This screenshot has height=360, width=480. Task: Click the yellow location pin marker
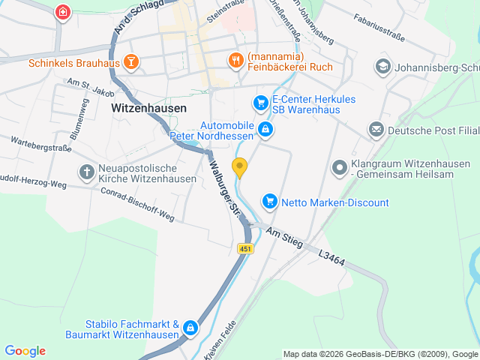[x=240, y=168]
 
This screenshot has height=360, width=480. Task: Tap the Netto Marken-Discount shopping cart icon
[x=269, y=201]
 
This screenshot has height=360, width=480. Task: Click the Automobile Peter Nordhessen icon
[x=265, y=130]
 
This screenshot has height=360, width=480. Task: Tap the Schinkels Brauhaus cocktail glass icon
[x=130, y=62]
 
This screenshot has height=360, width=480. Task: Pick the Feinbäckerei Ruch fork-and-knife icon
[x=235, y=60]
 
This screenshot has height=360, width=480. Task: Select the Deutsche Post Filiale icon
[x=376, y=130]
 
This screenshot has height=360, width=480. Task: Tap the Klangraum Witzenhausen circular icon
[x=339, y=167]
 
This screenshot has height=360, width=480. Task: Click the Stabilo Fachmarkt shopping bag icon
[x=190, y=328]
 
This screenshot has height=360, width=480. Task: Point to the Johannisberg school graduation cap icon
[x=383, y=67]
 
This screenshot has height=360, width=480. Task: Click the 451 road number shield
[x=246, y=248]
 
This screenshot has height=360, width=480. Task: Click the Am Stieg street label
[x=281, y=235]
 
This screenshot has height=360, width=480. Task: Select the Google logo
[x=25, y=351]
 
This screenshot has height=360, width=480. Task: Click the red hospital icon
[x=64, y=11]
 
